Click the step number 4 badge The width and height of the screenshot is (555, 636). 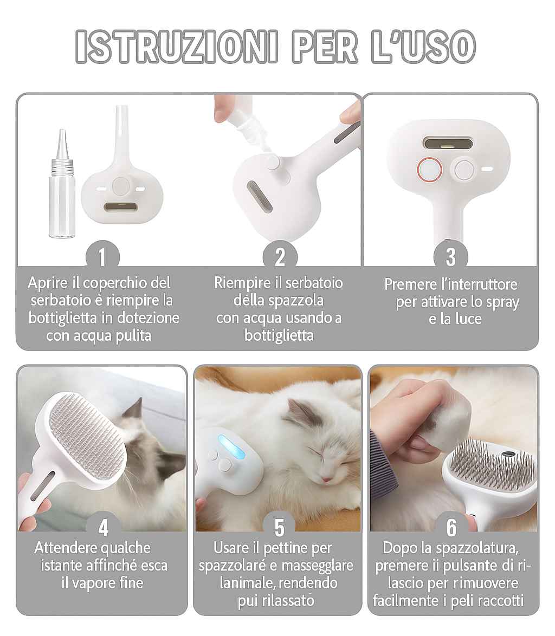103,527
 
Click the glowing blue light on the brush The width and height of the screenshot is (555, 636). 231,449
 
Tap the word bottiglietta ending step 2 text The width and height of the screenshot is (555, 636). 279,335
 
